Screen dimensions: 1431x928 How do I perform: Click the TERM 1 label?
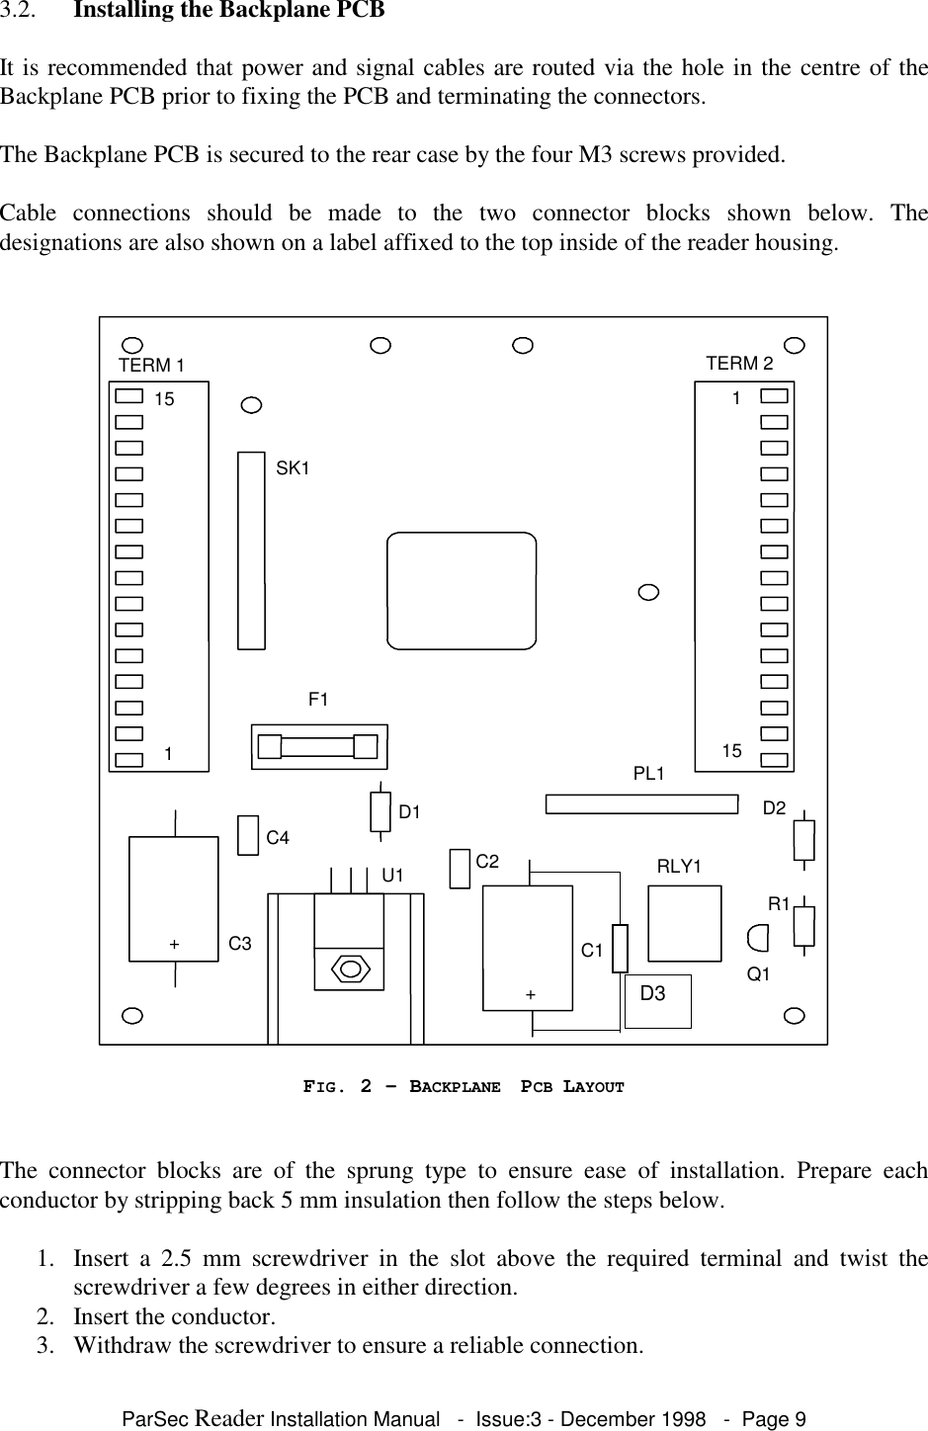151,366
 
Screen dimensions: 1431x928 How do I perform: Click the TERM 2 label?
739,364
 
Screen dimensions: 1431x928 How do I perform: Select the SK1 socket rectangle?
252,550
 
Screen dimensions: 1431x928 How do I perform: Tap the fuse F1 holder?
318,746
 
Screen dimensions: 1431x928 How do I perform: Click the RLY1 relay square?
685,923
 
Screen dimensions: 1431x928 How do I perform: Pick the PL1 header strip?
642,803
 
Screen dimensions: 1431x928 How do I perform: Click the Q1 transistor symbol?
758,935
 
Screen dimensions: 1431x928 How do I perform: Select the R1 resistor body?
804,926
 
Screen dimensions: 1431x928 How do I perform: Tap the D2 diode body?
804,839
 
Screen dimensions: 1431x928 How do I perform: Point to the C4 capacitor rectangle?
248,835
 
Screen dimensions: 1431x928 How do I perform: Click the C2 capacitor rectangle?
459,869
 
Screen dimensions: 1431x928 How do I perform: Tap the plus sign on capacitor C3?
174,944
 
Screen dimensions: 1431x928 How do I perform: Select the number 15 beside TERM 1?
165,400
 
